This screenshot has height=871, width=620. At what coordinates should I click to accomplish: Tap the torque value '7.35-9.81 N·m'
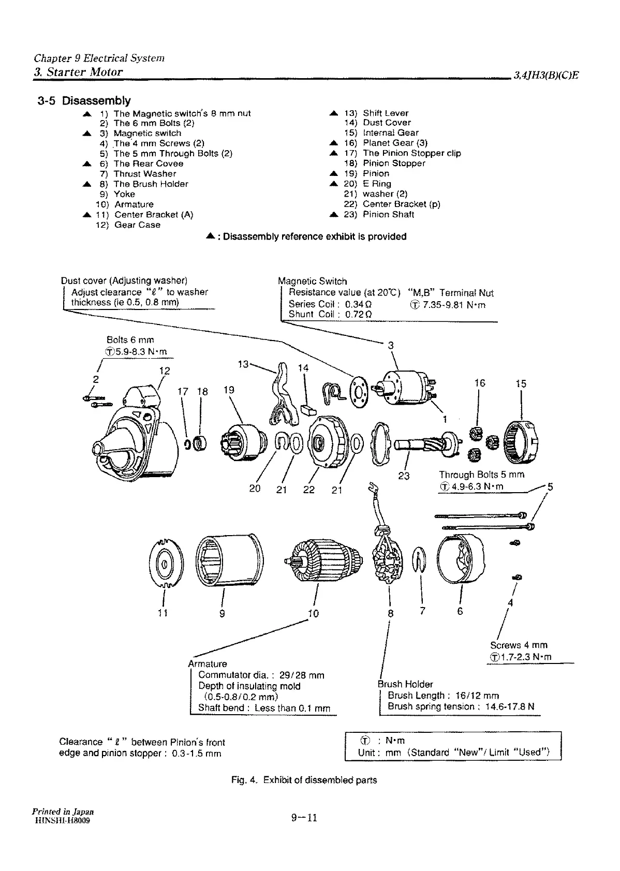[x=453, y=305]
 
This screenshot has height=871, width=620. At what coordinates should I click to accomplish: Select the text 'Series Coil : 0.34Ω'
[x=330, y=304]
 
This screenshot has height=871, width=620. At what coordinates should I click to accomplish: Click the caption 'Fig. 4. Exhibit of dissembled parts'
[x=304, y=780]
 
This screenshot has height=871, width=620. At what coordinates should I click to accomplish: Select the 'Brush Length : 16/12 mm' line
[x=443, y=696]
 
